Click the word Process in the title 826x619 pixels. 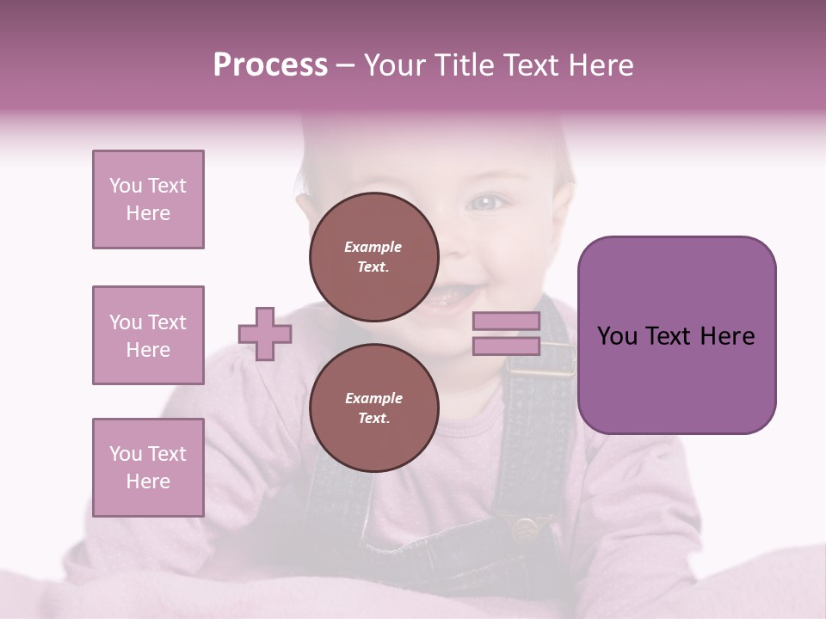[270, 65]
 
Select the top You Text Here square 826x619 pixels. [148, 199]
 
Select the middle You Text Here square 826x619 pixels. [148, 335]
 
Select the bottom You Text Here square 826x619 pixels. [148, 468]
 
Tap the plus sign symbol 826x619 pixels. [265, 334]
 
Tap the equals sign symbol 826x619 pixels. [506, 334]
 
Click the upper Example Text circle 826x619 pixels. [374, 257]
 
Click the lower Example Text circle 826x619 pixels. [374, 408]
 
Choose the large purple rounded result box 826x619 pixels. [676, 335]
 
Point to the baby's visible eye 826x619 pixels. [487, 203]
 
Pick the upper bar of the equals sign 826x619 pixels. [506, 322]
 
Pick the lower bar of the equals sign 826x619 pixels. [506, 346]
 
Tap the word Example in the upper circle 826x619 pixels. [373, 247]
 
